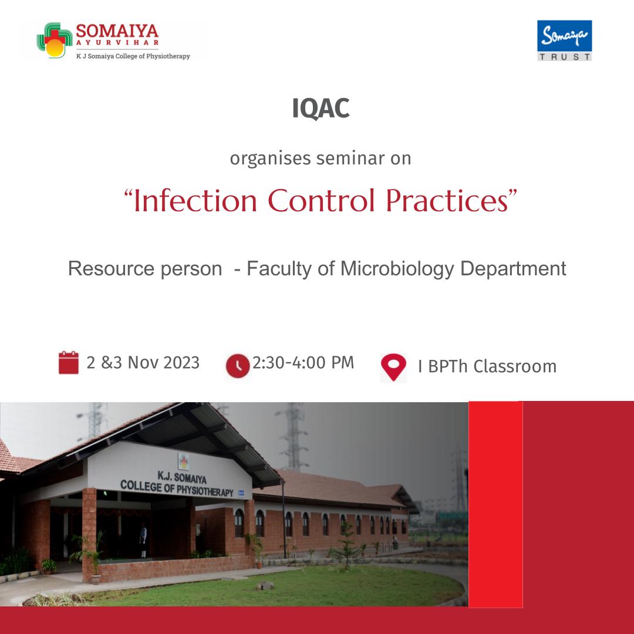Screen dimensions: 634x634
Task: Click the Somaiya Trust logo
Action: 564,41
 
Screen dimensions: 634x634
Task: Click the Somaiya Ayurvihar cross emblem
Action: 55,40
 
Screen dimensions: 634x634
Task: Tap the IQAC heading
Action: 321,109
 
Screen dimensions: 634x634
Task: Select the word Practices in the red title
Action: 447,201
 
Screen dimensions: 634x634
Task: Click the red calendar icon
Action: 68,363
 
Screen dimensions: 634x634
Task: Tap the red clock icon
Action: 238,366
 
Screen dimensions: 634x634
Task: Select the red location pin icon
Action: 393,367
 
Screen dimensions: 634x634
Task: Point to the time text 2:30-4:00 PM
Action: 303,363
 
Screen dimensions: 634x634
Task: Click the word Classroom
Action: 515,366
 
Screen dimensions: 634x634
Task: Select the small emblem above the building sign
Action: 184,461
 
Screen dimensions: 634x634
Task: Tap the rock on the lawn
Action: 265,585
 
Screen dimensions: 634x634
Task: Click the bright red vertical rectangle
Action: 495,504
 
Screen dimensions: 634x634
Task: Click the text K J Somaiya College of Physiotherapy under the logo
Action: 133,56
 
